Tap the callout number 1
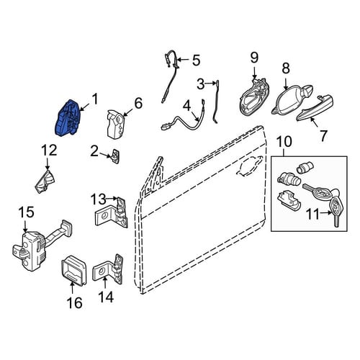(95, 99)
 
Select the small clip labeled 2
(116, 156)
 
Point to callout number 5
(196, 60)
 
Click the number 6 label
(138, 103)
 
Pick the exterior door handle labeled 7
(315, 107)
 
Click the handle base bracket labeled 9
(254, 98)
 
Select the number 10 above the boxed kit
(284, 141)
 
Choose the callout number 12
(49, 150)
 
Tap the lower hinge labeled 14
(109, 269)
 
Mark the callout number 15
(26, 212)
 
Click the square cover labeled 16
(73, 271)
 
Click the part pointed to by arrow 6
(116, 124)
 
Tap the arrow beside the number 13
(112, 198)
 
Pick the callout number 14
(106, 297)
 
